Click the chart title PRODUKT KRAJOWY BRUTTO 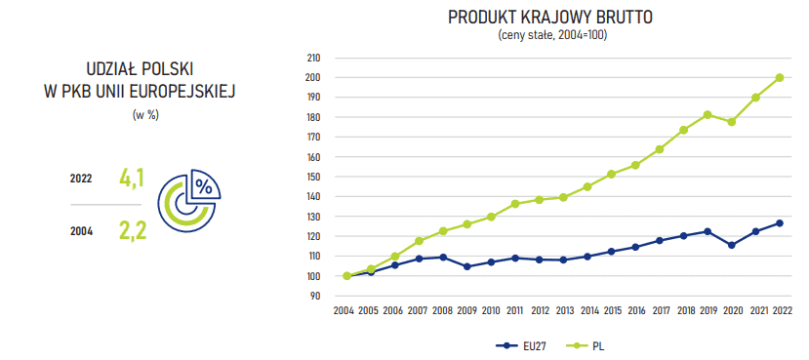click(550, 18)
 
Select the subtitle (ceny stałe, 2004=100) click(551, 35)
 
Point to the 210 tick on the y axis click(314, 58)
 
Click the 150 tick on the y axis click(314, 177)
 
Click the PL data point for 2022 click(780, 77)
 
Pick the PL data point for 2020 click(732, 122)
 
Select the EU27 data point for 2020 click(732, 245)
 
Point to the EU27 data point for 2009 click(466, 266)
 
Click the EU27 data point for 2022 click(780, 223)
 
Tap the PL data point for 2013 click(563, 197)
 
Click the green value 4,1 click(132, 179)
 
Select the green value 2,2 click(132, 230)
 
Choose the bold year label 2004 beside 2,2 click(82, 231)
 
